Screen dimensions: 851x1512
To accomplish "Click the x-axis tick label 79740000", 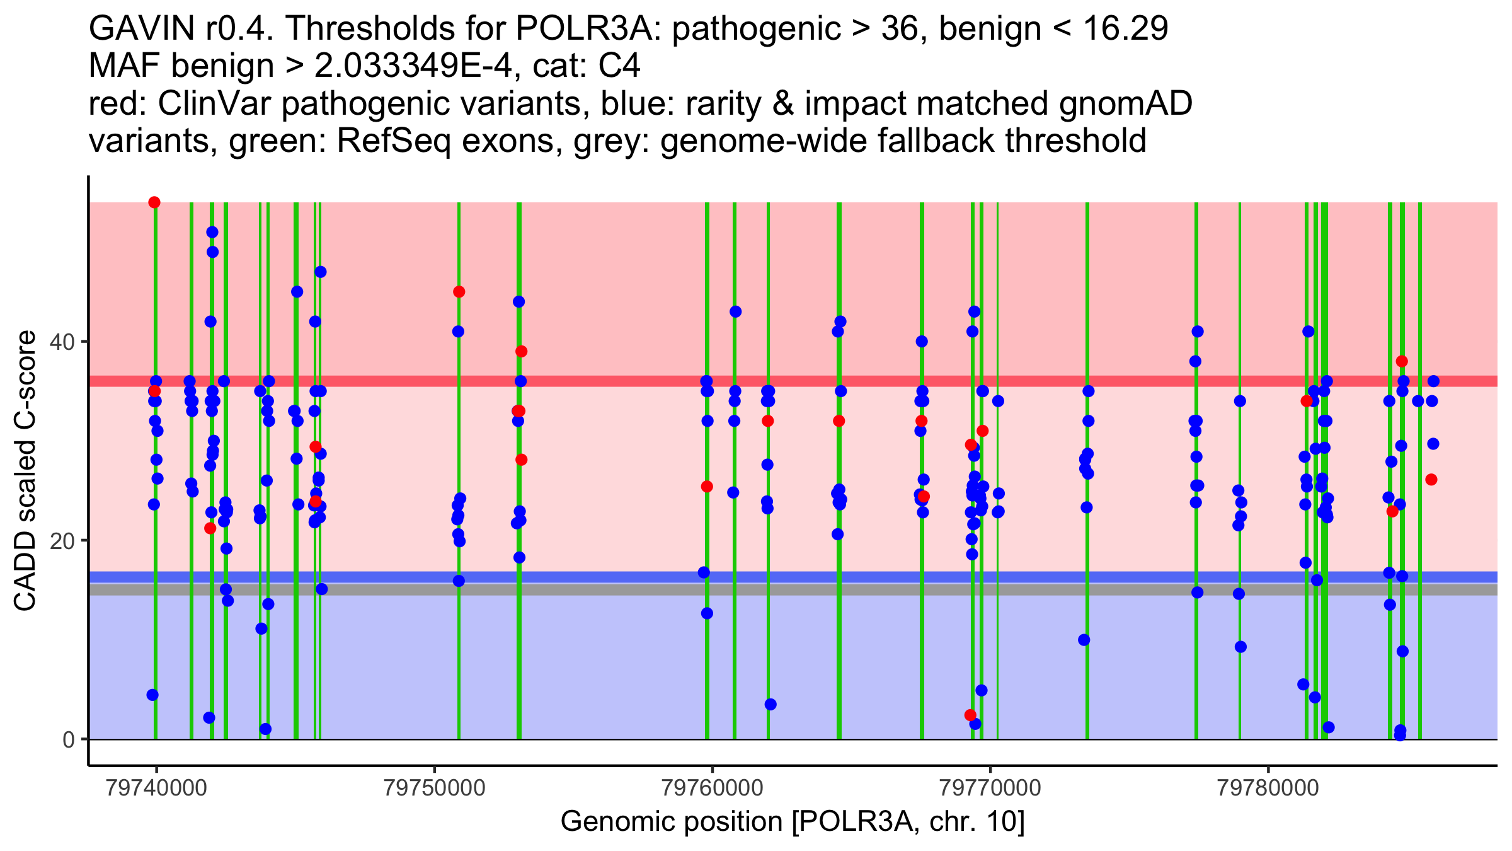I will point(157,789).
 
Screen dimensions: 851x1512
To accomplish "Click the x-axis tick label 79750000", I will point(435,789).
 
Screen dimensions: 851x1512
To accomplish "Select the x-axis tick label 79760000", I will point(713,789).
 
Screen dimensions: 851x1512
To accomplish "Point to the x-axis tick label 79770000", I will point(990,789).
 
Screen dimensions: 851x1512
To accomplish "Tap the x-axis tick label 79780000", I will point(1268,789).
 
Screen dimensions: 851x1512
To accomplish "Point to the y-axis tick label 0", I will point(69,739).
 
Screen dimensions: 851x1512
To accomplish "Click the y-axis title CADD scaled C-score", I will point(26,471).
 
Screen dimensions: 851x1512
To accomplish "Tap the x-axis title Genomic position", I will point(793,822).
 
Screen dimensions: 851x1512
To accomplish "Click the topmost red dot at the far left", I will point(154,202).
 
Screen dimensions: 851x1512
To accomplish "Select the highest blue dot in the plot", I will point(212,232).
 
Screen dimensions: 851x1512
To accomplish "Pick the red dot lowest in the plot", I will point(970,715).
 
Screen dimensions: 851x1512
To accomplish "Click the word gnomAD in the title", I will point(1126,103).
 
